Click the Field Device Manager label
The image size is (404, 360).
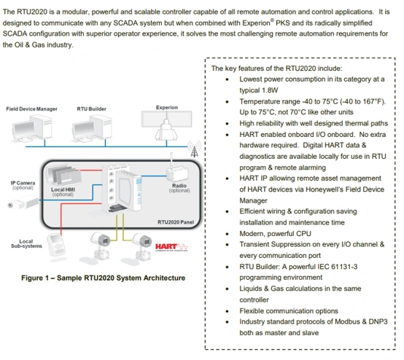[31, 109]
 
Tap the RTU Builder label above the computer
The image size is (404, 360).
[91, 109]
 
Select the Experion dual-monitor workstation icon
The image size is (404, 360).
[166, 125]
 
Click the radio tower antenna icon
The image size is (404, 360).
[194, 149]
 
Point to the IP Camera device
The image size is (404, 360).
[23, 202]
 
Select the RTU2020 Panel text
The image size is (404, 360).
[176, 222]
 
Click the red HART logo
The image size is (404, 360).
[171, 248]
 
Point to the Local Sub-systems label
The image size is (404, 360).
[26, 243]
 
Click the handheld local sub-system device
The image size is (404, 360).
[56, 245]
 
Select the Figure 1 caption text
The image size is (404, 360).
[103, 278]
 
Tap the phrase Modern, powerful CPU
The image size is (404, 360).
[275, 234]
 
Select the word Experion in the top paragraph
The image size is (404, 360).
[256, 23]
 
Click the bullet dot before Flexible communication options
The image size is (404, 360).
[227, 312]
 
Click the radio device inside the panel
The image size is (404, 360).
[177, 173]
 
